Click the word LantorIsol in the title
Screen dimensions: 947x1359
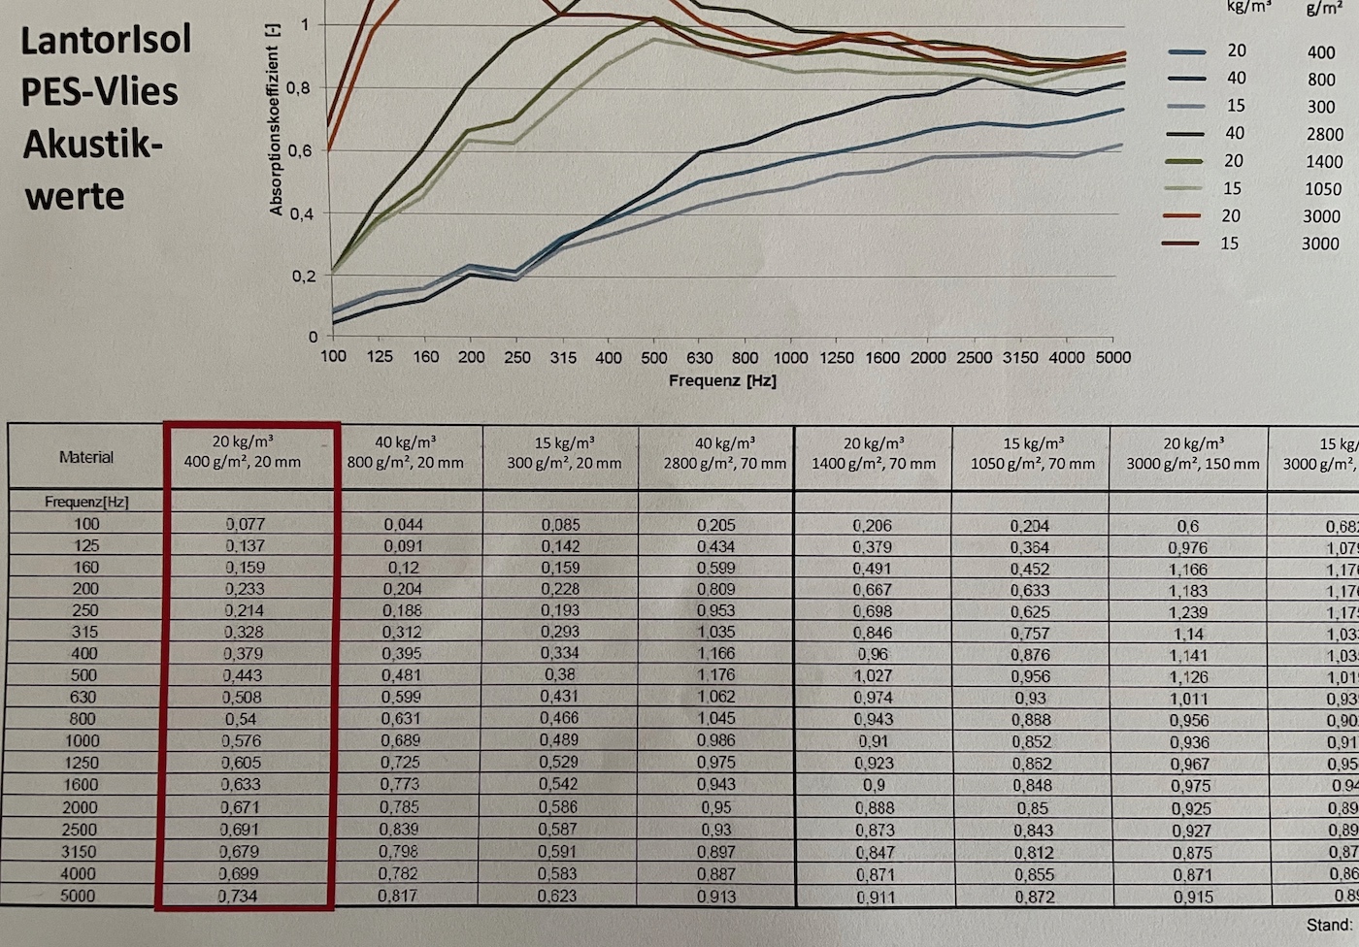106,40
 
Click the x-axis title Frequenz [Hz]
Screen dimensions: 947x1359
722,381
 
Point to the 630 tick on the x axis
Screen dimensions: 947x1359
699,358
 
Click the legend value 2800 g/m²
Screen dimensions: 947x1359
1323,134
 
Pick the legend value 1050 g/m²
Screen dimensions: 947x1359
1323,189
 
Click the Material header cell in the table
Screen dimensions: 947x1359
86,457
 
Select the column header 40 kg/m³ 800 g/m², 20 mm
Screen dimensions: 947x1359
405,453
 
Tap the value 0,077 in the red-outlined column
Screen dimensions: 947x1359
246,524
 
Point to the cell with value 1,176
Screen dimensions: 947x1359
716,675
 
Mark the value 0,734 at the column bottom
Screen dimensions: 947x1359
238,896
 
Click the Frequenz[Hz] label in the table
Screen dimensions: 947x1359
86,502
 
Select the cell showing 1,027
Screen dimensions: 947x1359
872,675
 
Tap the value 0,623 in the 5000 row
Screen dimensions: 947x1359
557,897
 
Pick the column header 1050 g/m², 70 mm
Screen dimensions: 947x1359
1032,464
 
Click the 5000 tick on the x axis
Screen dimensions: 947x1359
1112,358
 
